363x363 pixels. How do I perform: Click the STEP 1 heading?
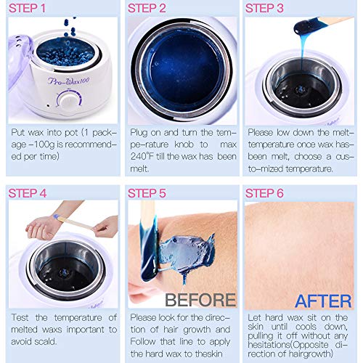tap(27, 8)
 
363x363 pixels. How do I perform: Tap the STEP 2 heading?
tap(147, 8)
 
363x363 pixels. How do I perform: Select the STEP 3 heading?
tap(264, 8)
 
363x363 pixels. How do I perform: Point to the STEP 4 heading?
tap(28, 193)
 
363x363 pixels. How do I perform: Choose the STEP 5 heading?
tap(147, 193)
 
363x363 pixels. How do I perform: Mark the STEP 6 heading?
tap(264, 193)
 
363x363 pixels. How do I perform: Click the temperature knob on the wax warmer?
tap(69, 101)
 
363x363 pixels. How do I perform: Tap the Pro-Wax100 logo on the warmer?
tap(69, 81)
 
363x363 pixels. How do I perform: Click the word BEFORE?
tap(200, 300)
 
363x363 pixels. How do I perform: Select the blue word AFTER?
tap(323, 301)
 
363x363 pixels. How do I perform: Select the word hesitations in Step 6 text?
tap(269, 344)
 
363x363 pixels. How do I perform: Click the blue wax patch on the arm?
tap(187, 252)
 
